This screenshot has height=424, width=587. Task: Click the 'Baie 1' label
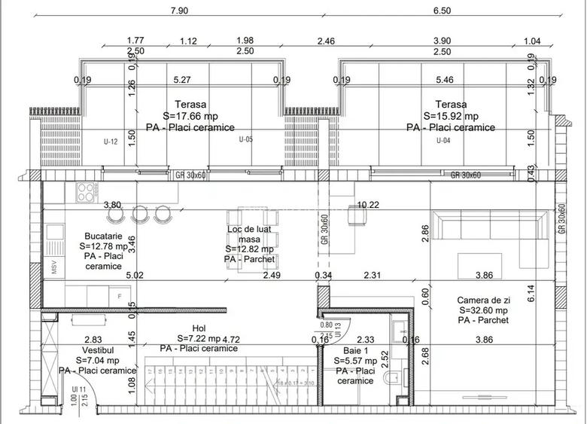point(355,351)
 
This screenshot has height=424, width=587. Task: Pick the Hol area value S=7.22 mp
point(199,339)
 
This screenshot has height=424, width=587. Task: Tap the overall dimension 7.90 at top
point(179,11)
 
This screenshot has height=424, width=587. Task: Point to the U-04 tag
point(445,140)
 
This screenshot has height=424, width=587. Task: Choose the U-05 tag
point(245,139)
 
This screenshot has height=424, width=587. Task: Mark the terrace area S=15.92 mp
point(451,116)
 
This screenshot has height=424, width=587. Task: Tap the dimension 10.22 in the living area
point(368,205)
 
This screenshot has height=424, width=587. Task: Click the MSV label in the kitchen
point(54,269)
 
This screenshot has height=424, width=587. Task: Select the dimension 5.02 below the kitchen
point(135,276)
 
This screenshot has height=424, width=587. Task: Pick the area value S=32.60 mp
point(482,310)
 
